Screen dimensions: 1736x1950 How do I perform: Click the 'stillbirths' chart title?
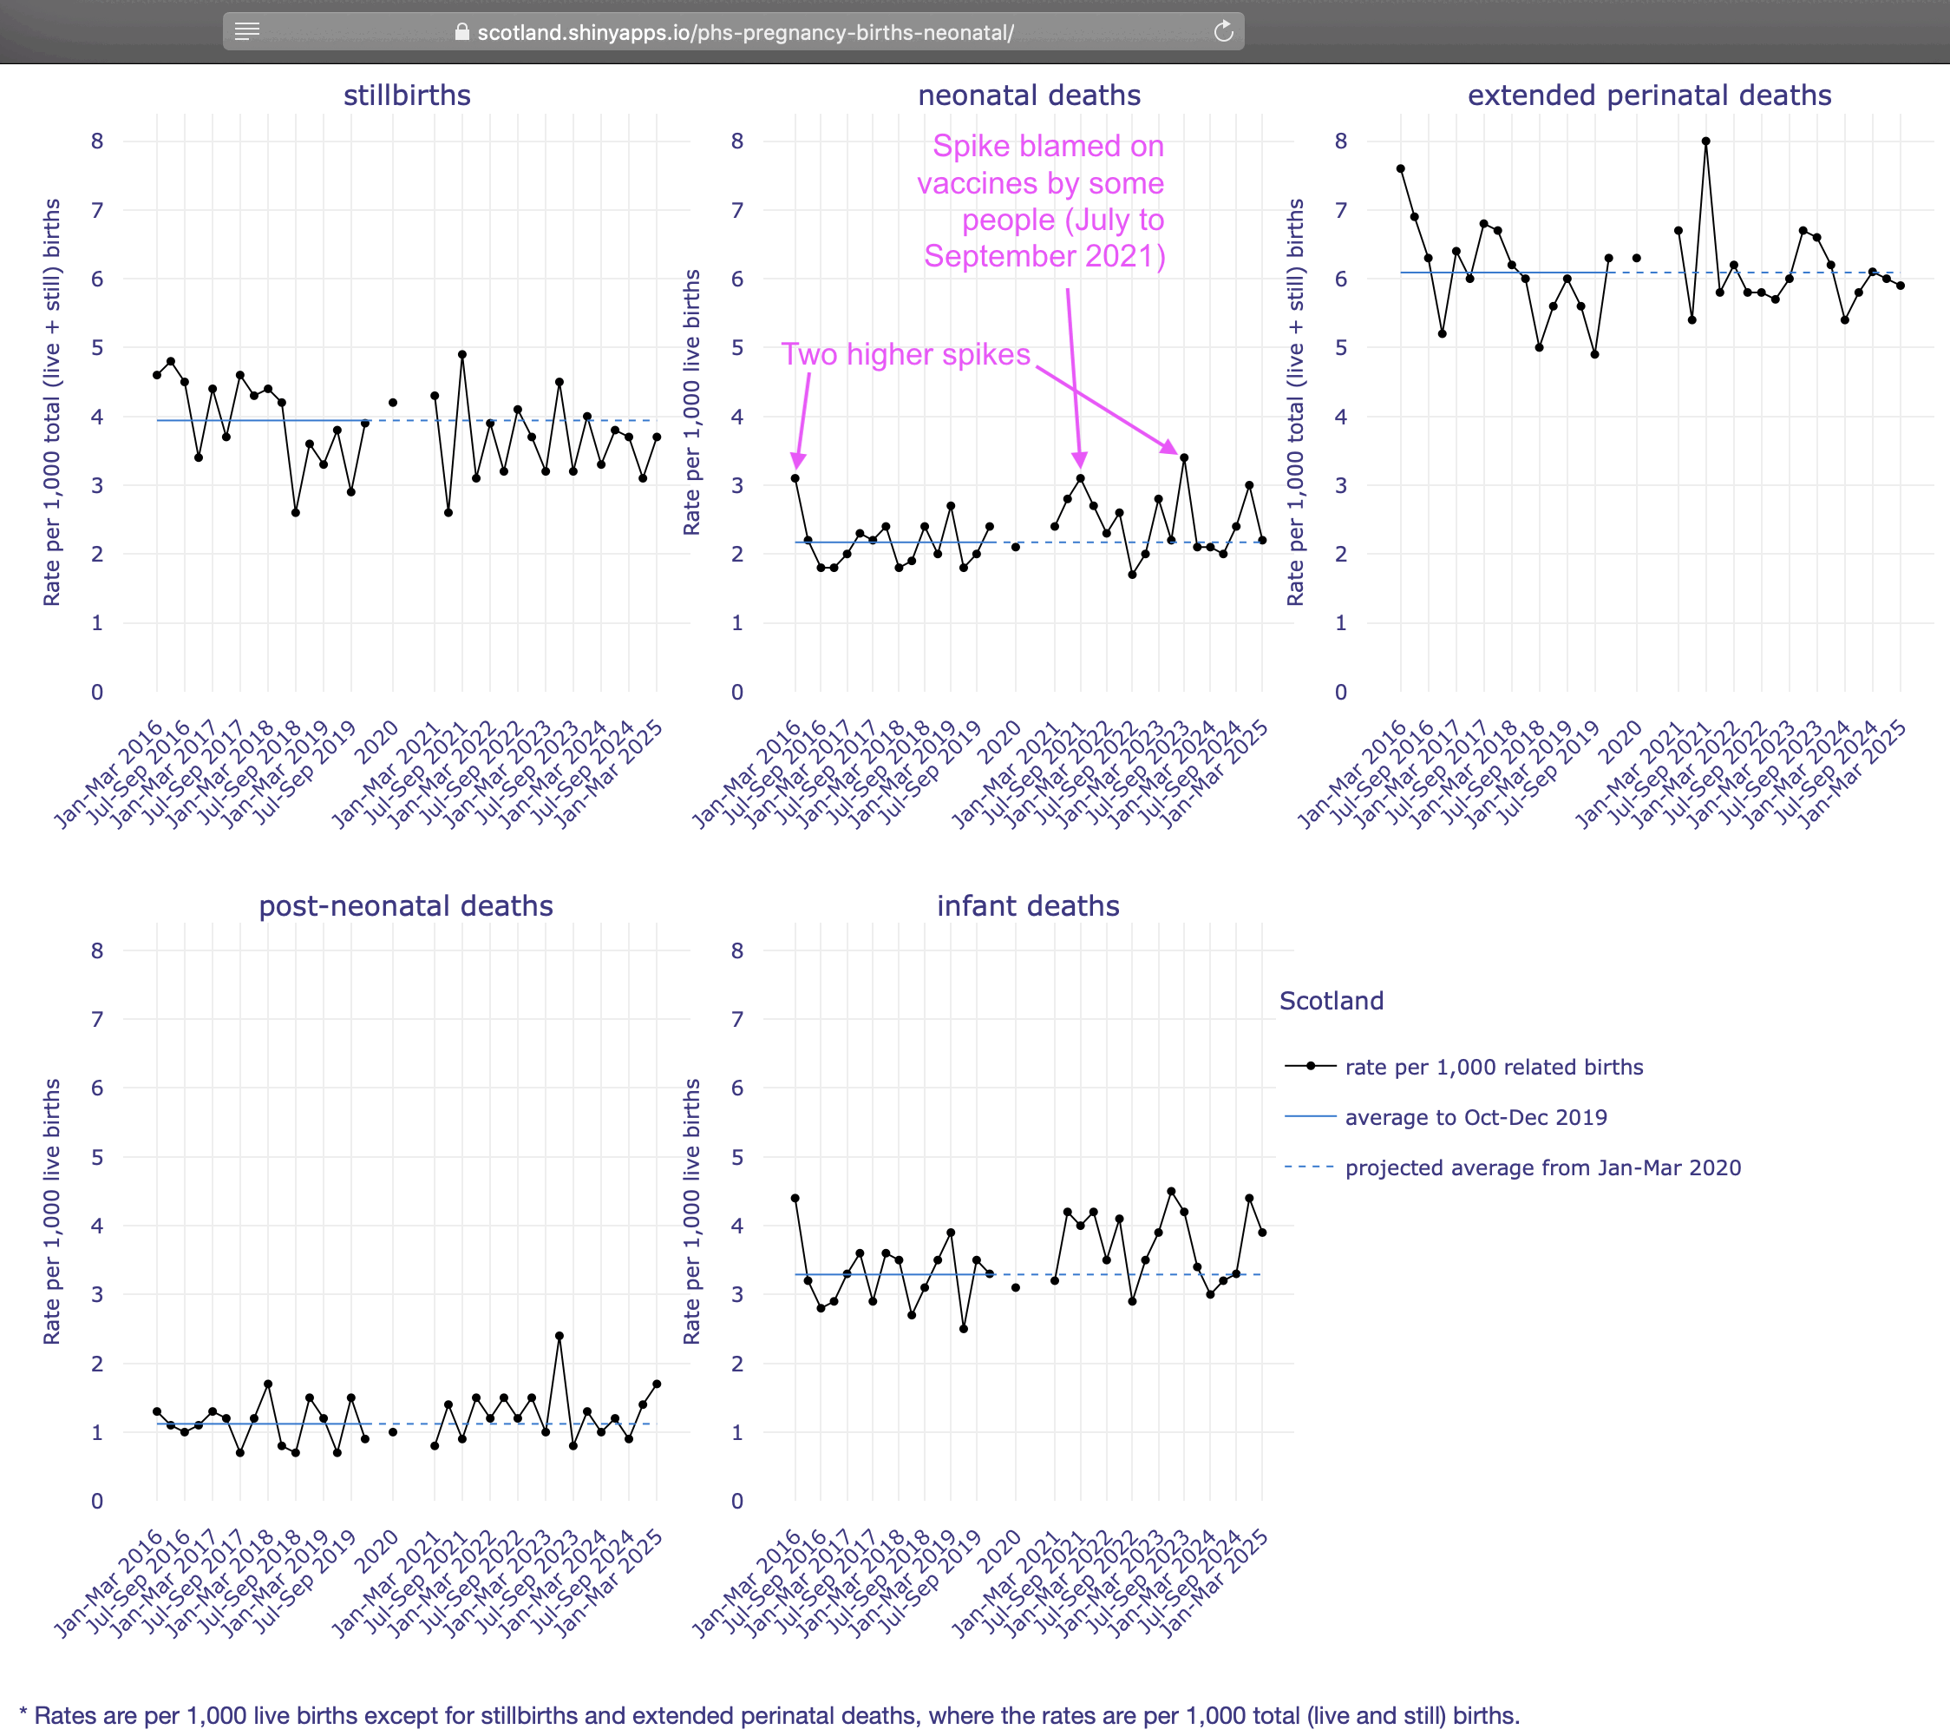[407, 95]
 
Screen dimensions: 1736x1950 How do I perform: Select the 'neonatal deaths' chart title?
[1029, 95]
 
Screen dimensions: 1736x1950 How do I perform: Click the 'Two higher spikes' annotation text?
[906, 354]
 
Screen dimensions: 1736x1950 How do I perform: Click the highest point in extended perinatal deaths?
[1705, 141]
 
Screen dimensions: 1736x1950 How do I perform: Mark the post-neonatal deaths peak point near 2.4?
[559, 1336]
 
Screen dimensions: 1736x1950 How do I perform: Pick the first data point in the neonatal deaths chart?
[795, 478]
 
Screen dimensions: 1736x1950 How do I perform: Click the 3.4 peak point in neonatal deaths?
[1184, 458]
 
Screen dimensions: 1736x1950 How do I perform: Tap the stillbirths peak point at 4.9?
[461, 355]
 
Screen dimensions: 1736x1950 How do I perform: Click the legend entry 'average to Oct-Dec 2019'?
[1475, 1118]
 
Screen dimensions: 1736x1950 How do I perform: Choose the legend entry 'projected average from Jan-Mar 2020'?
[1542, 1168]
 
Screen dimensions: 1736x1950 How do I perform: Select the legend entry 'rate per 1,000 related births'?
[1494, 1067]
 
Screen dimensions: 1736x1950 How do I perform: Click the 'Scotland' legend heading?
[1331, 1000]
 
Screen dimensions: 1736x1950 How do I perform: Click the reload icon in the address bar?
[1223, 32]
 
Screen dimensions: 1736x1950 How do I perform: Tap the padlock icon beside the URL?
[461, 32]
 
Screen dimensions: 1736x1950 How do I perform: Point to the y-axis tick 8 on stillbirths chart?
[97, 141]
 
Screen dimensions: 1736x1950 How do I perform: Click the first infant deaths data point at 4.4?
[795, 1199]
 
